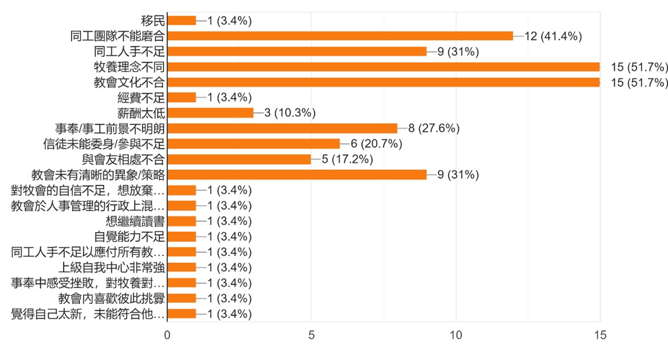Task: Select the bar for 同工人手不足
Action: coord(297,52)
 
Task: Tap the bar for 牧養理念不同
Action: coord(383,67)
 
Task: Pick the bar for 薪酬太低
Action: coord(210,113)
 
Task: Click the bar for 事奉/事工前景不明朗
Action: coord(282,128)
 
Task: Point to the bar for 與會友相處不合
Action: coord(239,159)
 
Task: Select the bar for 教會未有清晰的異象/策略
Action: coord(297,174)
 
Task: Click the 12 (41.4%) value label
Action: coord(553,36)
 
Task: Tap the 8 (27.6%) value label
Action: coord(431,128)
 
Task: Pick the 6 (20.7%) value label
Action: coord(373,144)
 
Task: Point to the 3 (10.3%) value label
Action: coord(286,113)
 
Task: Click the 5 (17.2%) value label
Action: coord(344,159)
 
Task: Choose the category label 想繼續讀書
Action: coord(135,221)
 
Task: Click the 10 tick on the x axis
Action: coord(456,336)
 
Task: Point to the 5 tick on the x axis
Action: coord(311,336)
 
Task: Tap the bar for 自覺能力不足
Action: coord(181,236)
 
